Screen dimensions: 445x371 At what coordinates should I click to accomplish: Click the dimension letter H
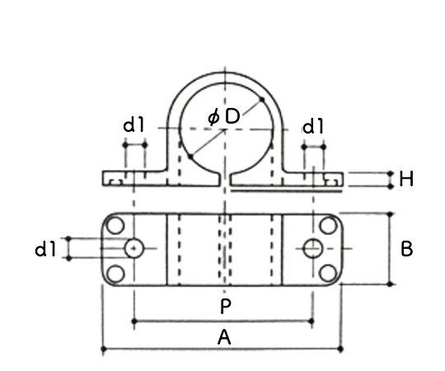pyautogui.click(x=406, y=179)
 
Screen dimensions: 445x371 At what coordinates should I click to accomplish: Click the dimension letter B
pyautogui.click(x=407, y=249)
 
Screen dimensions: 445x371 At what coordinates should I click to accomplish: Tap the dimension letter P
pyautogui.click(x=226, y=306)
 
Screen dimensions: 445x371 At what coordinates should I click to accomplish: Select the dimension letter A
pyautogui.click(x=224, y=337)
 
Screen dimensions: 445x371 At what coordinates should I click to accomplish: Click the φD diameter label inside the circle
pyautogui.click(x=224, y=116)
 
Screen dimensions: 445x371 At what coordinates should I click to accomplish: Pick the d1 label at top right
pyautogui.click(x=313, y=126)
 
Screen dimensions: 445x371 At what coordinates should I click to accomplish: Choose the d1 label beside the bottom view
pyautogui.click(x=45, y=250)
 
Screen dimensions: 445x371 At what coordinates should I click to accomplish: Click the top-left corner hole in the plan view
pyautogui.click(x=115, y=225)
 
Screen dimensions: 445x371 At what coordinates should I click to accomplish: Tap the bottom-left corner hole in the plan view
pyautogui.click(x=115, y=274)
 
